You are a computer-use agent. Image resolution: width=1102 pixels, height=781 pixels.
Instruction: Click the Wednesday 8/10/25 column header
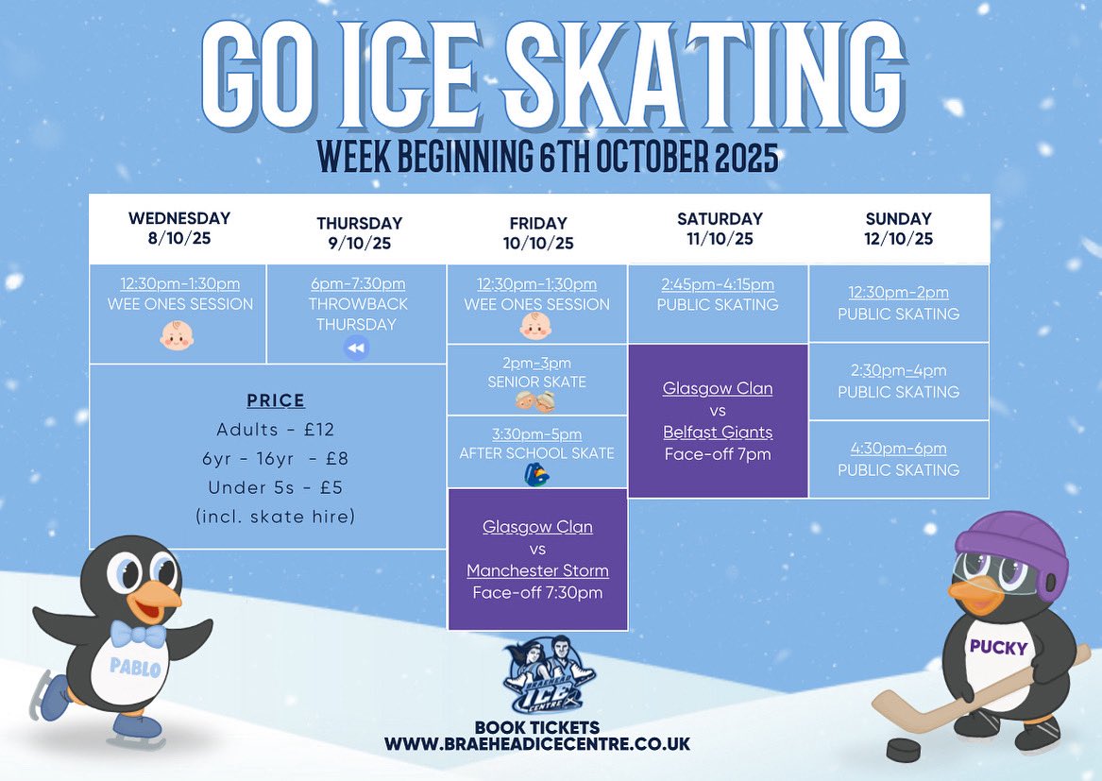click(x=179, y=228)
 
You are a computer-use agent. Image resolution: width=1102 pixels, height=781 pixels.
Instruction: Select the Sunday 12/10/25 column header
click(x=898, y=228)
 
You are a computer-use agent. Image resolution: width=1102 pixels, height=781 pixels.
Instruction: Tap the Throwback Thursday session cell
click(x=357, y=314)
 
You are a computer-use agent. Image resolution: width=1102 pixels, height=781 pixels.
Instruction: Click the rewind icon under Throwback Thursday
click(x=356, y=348)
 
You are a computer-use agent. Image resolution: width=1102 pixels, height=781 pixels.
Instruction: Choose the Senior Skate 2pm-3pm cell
click(x=536, y=380)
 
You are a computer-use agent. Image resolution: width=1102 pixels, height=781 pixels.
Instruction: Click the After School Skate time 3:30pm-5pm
click(x=536, y=434)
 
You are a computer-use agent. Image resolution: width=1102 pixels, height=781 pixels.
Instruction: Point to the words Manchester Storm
click(x=537, y=570)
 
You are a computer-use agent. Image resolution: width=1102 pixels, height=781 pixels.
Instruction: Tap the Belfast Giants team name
click(x=718, y=432)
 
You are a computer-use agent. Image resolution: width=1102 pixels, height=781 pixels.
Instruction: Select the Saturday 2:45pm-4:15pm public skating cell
click(x=718, y=302)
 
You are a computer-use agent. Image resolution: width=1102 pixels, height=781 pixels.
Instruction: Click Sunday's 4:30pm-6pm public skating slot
click(x=898, y=459)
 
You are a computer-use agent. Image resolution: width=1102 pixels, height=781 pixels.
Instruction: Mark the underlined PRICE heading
click(x=276, y=400)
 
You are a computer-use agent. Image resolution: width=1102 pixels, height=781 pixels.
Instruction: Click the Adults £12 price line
click(x=276, y=430)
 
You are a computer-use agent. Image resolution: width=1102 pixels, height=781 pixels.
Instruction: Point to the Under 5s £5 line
click(x=276, y=487)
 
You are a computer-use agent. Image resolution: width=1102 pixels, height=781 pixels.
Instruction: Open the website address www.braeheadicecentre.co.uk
click(x=536, y=744)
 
